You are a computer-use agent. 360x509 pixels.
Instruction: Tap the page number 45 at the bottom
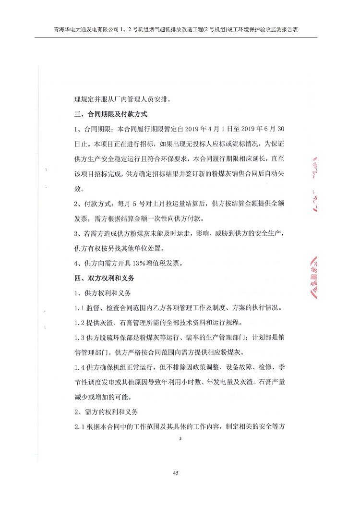tap(176, 473)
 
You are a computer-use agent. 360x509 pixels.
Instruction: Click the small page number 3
tap(180, 438)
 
